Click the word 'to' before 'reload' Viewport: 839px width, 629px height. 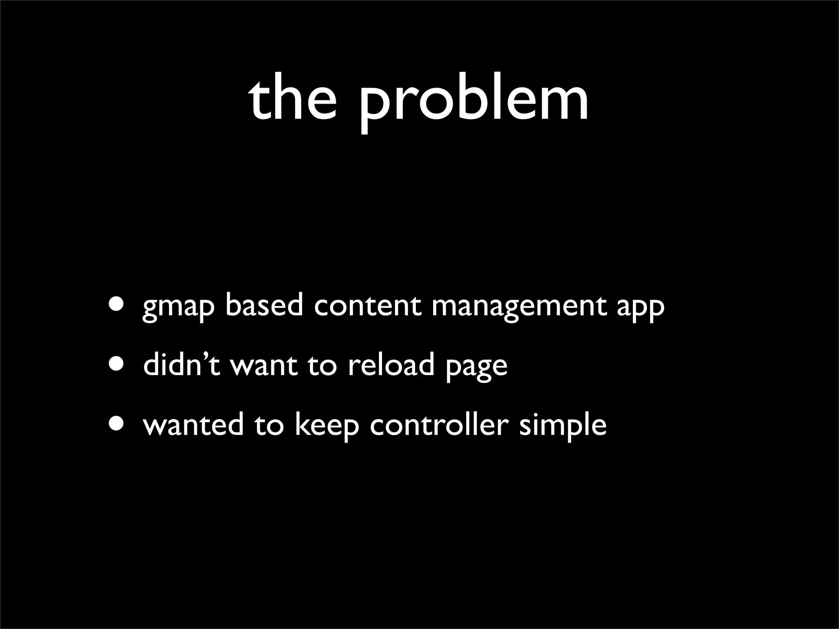point(322,365)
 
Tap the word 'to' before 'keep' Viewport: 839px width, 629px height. point(269,425)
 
